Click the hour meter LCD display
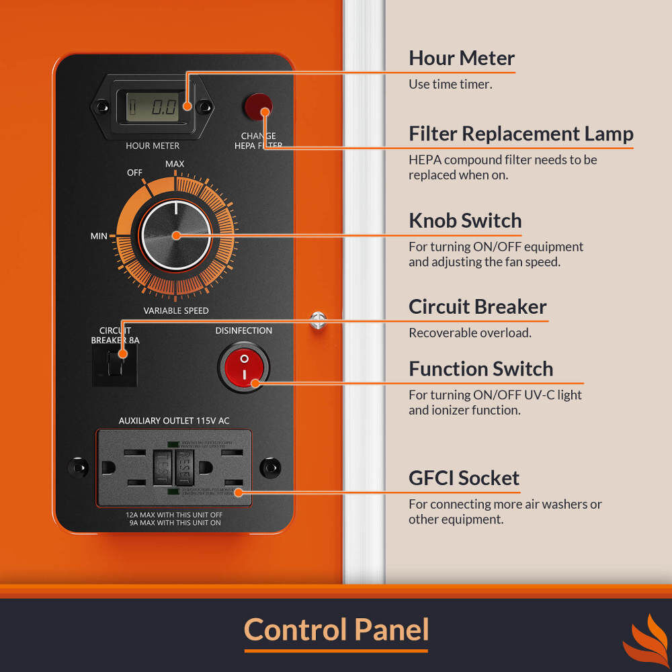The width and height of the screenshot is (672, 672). (x=153, y=106)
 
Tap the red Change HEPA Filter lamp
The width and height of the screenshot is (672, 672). (x=257, y=106)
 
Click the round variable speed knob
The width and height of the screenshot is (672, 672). (x=176, y=235)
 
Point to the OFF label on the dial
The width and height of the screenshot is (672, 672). (x=134, y=173)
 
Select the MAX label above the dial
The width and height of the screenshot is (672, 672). (x=175, y=164)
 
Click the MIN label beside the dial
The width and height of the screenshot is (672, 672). (x=99, y=236)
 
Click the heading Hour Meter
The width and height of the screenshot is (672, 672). (x=461, y=58)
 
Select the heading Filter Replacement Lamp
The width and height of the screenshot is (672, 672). (x=521, y=134)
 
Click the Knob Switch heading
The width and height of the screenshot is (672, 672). (x=465, y=220)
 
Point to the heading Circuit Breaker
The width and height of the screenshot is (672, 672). (x=477, y=307)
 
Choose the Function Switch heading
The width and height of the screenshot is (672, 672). (x=480, y=369)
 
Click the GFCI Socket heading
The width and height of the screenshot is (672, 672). (x=464, y=478)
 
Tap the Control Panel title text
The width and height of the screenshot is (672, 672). (x=336, y=630)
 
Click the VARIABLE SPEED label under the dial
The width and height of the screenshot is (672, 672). (x=176, y=311)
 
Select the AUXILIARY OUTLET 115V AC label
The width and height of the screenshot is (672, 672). (x=174, y=421)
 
